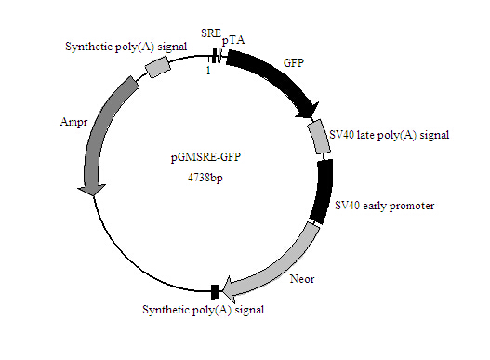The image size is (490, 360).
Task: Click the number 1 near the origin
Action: click(208, 71)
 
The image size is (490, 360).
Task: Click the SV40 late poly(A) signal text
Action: click(390, 135)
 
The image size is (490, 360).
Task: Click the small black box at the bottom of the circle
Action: click(215, 291)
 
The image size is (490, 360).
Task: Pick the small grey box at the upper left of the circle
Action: click(159, 66)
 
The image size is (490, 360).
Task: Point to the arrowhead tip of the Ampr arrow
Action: click(89, 194)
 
